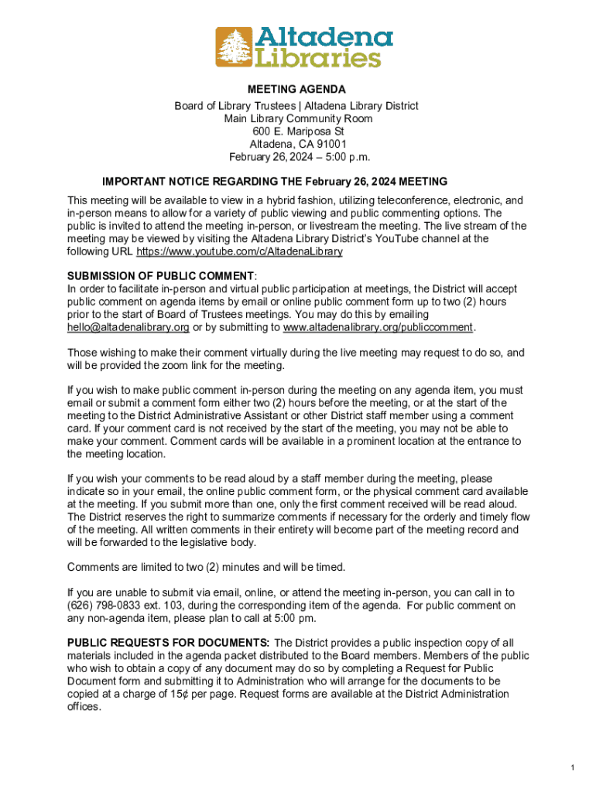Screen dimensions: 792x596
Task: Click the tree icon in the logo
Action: click(x=234, y=47)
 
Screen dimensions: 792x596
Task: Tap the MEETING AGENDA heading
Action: click(x=297, y=90)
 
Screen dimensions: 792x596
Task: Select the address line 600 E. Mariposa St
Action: click(x=297, y=131)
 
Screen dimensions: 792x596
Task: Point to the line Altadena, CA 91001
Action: click(x=297, y=144)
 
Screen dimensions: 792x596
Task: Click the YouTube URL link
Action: click(x=239, y=251)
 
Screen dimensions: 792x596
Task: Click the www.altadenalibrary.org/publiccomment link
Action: click(x=378, y=327)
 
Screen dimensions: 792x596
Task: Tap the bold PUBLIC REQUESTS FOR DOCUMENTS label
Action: click(x=169, y=643)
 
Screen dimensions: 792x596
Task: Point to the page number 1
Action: click(x=571, y=767)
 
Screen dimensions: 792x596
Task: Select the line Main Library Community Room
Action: click(x=297, y=118)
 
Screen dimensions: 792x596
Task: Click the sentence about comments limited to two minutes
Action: click(x=206, y=567)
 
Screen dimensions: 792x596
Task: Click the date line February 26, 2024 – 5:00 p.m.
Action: click(x=297, y=157)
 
